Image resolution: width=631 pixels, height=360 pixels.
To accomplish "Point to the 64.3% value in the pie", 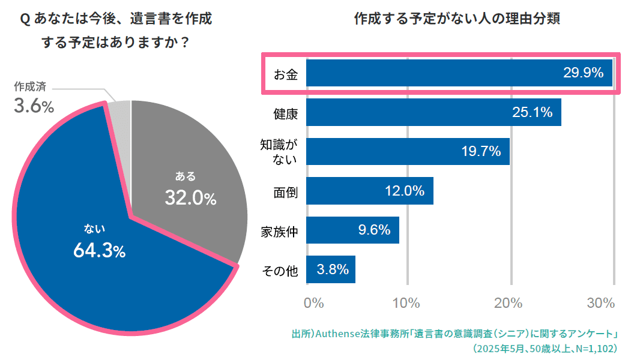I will [99, 251].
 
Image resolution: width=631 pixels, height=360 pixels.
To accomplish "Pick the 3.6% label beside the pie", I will [34, 107].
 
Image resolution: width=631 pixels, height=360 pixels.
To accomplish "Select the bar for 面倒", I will [369, 191].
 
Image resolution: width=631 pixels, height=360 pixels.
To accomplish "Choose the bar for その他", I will [331, 269].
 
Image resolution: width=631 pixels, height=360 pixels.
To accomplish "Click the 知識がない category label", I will [279, 152].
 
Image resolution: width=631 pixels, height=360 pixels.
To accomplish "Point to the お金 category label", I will [285, 73].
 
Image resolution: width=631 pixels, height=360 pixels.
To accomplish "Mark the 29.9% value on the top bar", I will [582, 73].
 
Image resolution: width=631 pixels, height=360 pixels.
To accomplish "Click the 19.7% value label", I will [481, 152].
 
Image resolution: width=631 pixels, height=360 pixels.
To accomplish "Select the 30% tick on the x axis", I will [601, 303].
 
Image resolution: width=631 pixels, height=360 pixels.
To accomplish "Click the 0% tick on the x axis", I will [314, 303].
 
